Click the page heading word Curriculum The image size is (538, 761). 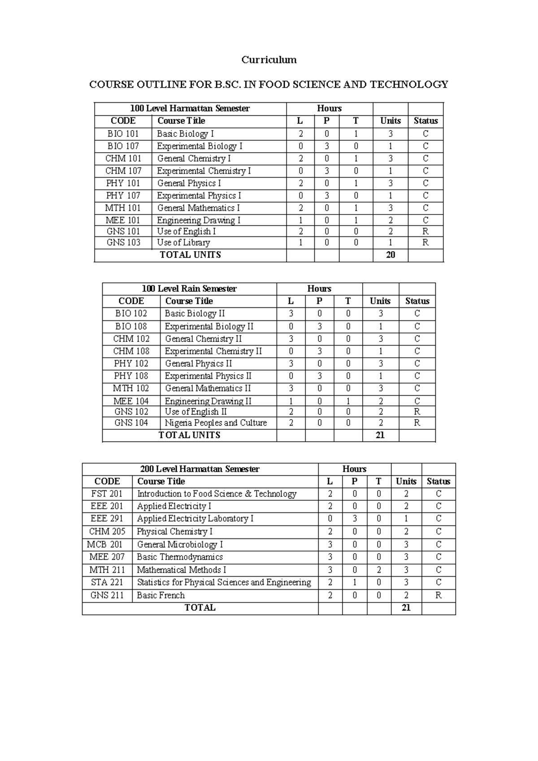click(x=269, y=60)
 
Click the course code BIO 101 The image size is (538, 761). click(x=123, y=134)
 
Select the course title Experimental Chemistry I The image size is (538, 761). click(x=204, y=171)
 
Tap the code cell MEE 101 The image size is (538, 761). click(x=123, y=220)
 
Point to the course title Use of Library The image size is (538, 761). click(x=183, y=243)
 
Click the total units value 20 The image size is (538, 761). click(x=390, y=255)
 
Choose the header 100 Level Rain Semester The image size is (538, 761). click(x=189, y=289)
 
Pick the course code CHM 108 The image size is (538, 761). click(x=131, y=351)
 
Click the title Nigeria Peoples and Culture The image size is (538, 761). click(x=216, y=423)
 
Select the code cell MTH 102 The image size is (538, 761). click(x=131, y=389)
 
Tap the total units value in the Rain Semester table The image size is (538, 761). click(x=380, y=435)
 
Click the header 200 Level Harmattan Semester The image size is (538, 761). click(x=200, y=469)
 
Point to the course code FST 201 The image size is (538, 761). click(x=107, y=494)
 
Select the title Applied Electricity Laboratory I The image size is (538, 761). click(x=195, y=519)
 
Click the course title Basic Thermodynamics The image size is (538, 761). click(x=179, y=557)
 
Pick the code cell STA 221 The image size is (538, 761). click(x=107, y=582)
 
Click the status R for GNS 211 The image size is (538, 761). click(x=438, y=595)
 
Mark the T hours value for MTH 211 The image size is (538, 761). click(x=379, y=570)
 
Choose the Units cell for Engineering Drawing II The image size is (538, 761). click(x=380, y=402)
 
